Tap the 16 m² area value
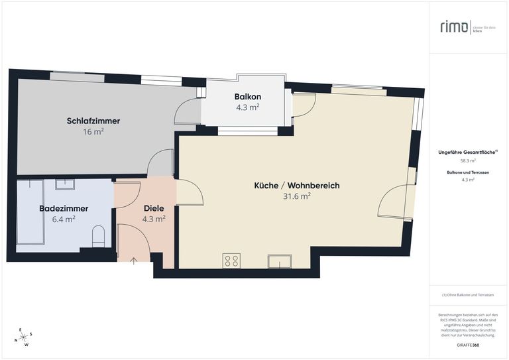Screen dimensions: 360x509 click(93, 131)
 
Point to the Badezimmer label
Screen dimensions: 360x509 click(64, 208)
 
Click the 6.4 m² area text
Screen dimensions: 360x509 click(64, 219)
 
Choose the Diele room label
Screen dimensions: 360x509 click(154, 208)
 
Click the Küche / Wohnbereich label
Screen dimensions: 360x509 click(296, 186)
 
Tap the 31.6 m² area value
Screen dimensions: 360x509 click(296, 196)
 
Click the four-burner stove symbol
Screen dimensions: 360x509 click(231, 261)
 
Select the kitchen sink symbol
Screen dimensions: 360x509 click(279, 261)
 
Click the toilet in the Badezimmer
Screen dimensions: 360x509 click(99, 235)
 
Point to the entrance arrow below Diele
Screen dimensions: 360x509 click(135, 261)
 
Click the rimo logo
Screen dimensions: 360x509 click(455, 27)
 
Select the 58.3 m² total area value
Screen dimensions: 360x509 click(468, 160)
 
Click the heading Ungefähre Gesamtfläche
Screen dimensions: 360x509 click(467, 152)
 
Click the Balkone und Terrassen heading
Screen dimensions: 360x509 click(468, 172)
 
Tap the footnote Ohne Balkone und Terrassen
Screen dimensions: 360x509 click(468, 295)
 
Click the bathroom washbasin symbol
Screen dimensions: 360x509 click(65, 184)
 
